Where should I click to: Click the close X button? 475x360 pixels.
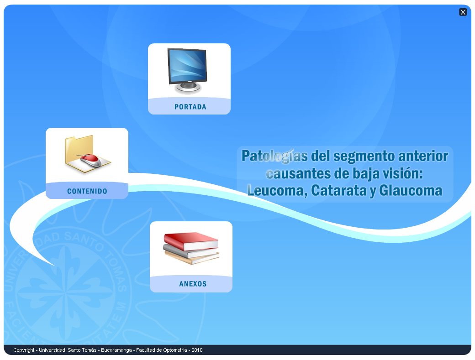click(463, 12)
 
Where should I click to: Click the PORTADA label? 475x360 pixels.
click(190, 107)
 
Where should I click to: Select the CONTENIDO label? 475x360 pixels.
click(87, 191)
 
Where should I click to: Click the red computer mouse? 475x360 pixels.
click(91, 159)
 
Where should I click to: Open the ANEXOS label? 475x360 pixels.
click(193, 284)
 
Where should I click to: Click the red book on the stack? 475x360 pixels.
click(191, 240)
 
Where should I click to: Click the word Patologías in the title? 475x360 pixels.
click(274, 156)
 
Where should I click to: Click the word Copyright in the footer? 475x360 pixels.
click(24, 350)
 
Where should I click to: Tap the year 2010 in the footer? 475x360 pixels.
click(197, 350)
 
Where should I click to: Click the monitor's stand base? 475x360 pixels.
click(187, 90)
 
